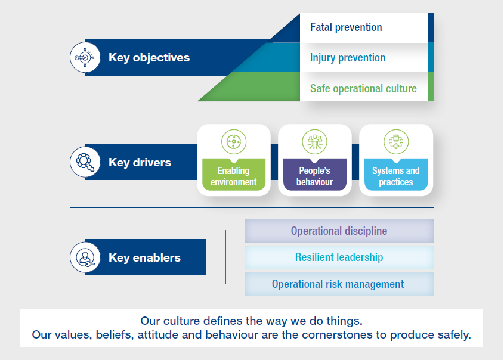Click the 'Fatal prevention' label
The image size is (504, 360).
coord(346,27)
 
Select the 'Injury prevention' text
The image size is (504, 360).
coord(348,58)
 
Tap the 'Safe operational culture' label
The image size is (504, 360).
coord(363,89)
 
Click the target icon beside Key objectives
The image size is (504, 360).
coord(85,57)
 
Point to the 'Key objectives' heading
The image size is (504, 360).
coord(149,57)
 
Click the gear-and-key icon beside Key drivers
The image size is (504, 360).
coord(85,162)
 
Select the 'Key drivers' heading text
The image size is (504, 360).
coord(140,162)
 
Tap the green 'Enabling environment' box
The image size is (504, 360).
coord(234,175)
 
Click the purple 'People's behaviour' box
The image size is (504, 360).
coord(315,175)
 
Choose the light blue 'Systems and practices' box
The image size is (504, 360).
coord(396,175)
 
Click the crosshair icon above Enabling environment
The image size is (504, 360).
coord(234,142)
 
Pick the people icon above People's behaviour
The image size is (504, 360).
coord(315,142)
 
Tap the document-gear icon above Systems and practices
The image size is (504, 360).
coord(396,142)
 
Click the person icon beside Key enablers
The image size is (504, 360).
coord(85,257)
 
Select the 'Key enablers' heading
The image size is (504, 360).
coord(145,257)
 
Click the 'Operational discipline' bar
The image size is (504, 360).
coord(339,231)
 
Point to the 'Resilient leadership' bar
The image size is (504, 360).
coord(339,257)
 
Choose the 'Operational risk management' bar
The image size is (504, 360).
coord(339,284)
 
